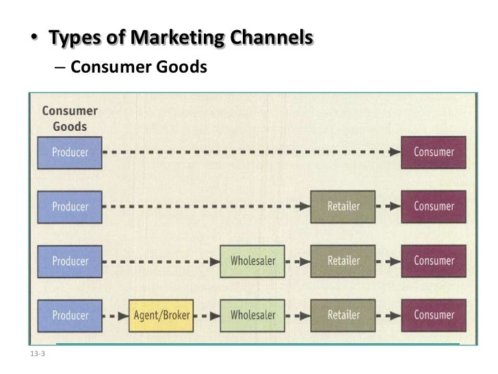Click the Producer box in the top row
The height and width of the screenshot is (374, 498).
tap(70, 152)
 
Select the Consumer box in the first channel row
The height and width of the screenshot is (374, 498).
tap(433, 152)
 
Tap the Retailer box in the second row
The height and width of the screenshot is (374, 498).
tap(343, 206)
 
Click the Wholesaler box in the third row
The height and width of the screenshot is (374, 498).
tap(252, 261)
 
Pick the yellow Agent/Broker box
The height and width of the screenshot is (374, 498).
tap(161, 315)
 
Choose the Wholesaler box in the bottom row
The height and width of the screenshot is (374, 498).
tap(252, 315)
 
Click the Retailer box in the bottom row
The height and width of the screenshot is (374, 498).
tap(343, 315)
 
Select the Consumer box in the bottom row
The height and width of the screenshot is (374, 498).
tap(433, 315)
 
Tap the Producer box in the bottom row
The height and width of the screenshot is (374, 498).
tap(70, 315)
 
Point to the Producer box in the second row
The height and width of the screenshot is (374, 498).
tap(70, 206)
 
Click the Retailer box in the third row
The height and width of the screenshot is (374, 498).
tap(343, 261)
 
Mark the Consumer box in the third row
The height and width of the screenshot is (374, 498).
tap(433, 261)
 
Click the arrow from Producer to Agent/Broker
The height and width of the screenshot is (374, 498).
tap(116, 316)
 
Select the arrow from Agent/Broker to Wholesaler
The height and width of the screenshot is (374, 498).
tap(207, 316)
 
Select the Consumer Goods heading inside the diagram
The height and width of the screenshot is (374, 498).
tap(69, 119)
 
